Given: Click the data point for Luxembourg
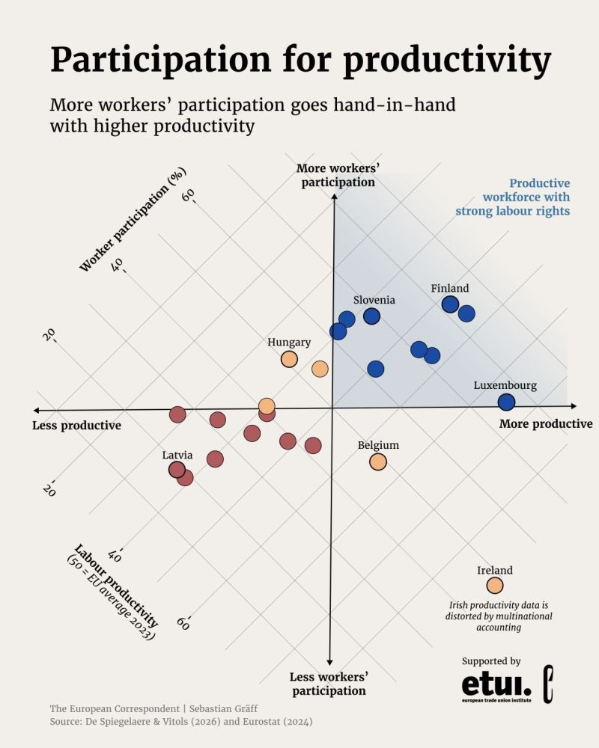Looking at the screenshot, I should click(507, 402).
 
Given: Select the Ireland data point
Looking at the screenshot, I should click(495, 586).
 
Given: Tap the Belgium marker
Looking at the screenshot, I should click(378, 462).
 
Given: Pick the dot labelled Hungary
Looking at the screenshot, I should click(289, 359).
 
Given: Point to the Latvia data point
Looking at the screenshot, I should click(177, 470).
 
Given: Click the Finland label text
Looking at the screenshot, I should click(450, 289).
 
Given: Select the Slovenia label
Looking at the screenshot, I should click(374, 300).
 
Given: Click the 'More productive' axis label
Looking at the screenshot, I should click(546, 424).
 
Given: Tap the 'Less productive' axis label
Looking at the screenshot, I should click(76, 426).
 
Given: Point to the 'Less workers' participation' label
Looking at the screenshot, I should click(329, 684).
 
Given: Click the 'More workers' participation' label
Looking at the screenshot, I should click(335, 175).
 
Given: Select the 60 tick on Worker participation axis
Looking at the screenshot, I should click(189, 196).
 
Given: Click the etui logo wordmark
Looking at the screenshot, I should click(496, 685).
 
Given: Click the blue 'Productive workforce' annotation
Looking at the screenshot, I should click(513, 197).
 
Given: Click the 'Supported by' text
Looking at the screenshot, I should click(491, 661).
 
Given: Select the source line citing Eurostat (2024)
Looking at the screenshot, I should click(180, 722).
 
